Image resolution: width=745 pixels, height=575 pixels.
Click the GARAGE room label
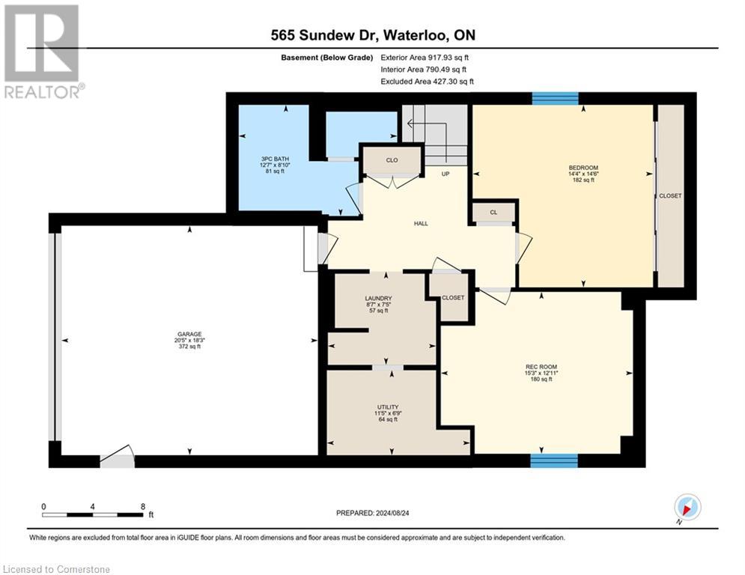click(x=189, y=335)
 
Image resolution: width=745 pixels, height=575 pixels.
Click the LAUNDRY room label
click(x=378, y=298)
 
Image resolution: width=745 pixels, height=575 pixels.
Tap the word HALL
click(x=421, y=224)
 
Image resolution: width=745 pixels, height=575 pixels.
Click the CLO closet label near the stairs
click(x=392, y=160)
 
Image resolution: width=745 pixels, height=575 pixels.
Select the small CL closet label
click(x=493, y=213)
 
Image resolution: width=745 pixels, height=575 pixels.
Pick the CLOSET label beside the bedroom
click(x=670, y=195)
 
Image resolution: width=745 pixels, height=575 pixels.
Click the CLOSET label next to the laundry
click(x=452, y=297)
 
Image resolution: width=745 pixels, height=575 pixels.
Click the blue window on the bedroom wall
click(x=555, y=98)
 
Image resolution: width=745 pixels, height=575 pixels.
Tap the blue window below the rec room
click(x=554, y=460)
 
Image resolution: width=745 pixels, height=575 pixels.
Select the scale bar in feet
click(x=93, y=514)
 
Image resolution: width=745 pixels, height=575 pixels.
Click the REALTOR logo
click(x=42, y=51)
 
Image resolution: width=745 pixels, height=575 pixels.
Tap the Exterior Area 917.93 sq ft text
click(x=425, y=57)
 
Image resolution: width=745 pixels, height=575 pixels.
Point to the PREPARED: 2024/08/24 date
click(x=374, y=513)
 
